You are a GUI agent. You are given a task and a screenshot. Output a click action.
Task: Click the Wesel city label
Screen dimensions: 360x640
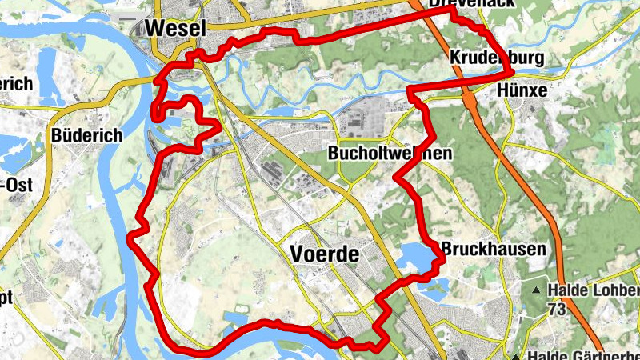[175, 28]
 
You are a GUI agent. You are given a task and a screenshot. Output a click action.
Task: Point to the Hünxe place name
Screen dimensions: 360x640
[522, 90]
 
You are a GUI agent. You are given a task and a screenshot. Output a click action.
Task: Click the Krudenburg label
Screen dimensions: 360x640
[496, 58]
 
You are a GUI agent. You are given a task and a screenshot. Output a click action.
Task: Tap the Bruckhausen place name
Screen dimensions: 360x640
[493, 249]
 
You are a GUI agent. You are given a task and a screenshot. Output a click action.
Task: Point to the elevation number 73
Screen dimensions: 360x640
[558, 308]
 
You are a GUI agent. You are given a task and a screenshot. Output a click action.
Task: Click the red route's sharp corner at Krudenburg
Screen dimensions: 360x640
[512, 74]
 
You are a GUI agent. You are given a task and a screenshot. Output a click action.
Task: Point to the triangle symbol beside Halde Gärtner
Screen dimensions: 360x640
[517, 355]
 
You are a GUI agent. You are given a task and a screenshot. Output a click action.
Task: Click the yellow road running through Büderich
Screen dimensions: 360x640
[50, 160]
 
